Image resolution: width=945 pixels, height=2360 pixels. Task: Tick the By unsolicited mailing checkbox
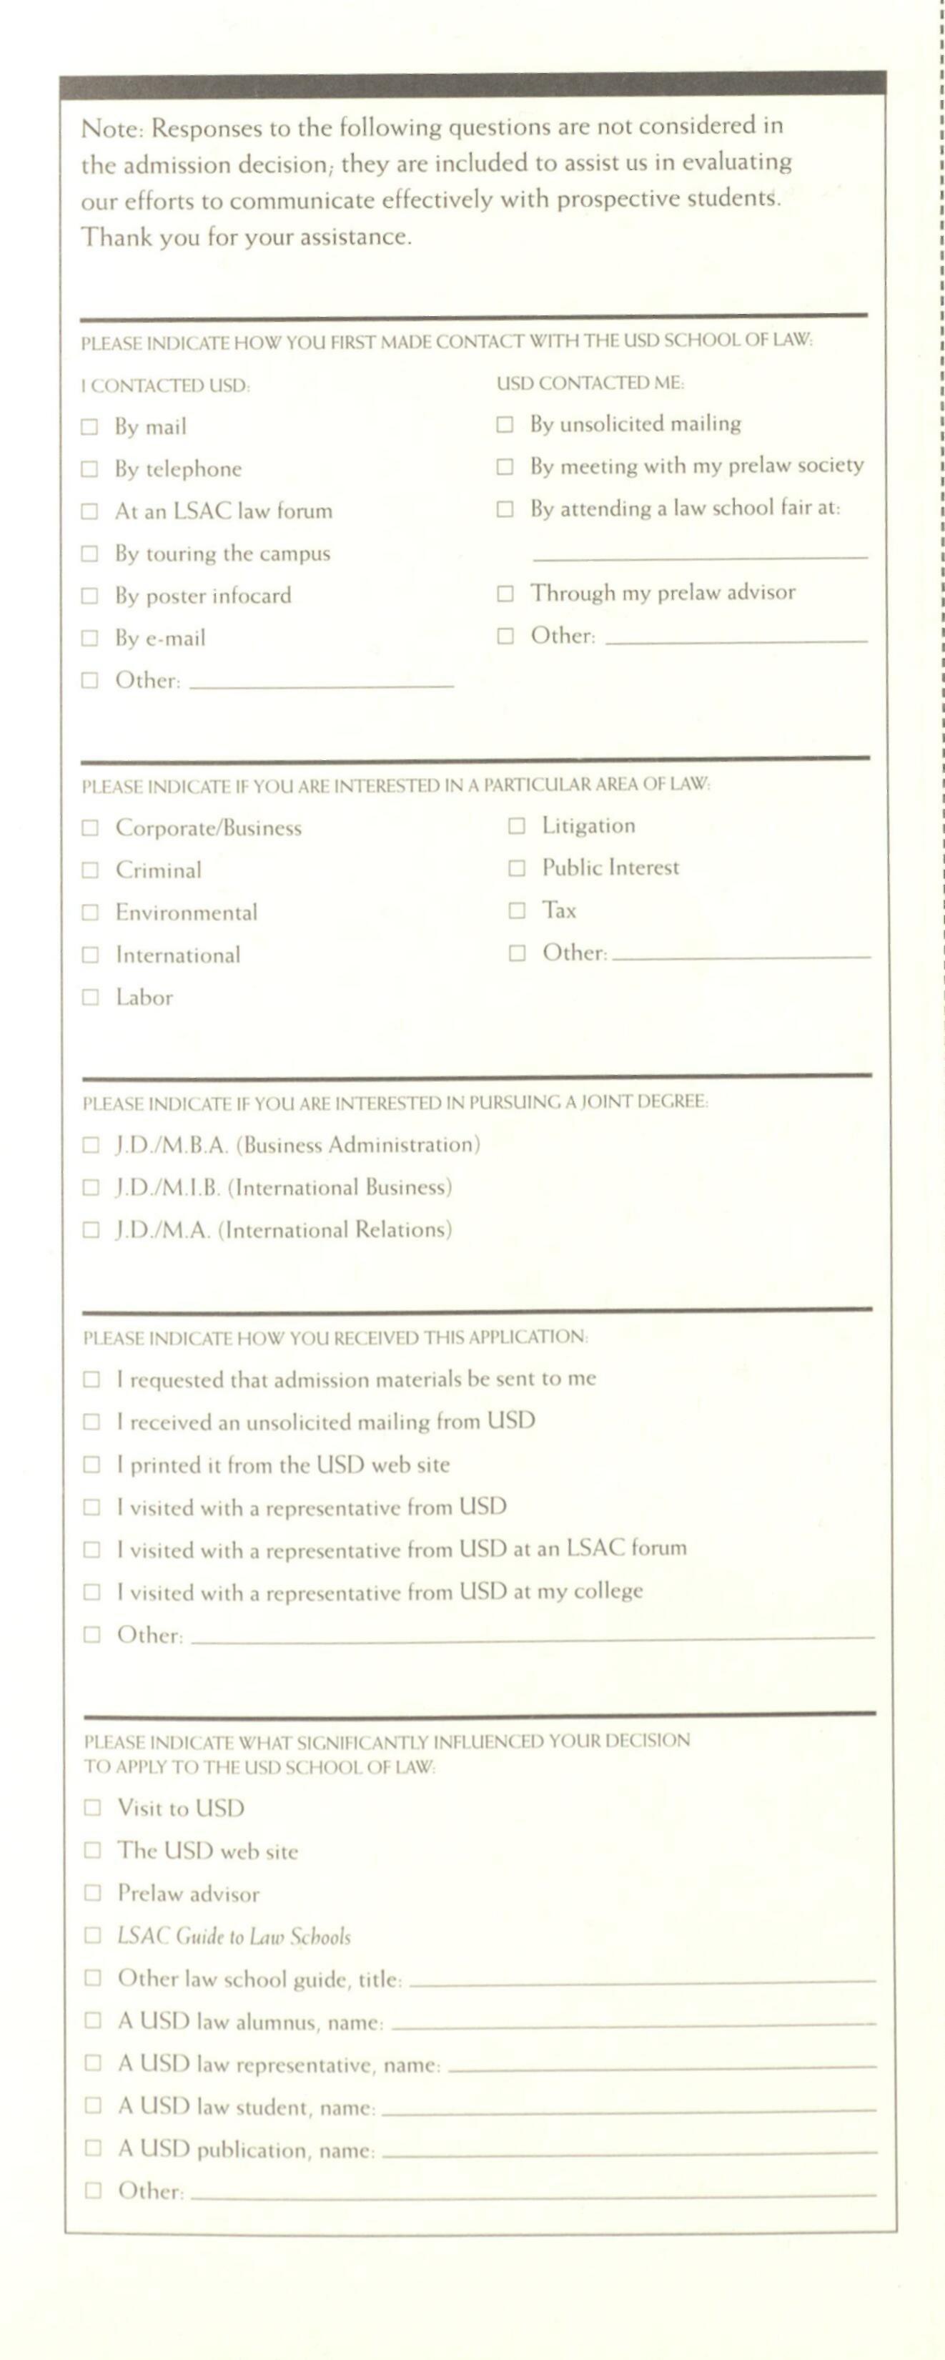[x=505, y=424]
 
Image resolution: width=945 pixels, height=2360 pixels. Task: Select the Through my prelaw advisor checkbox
[x=505, y=594]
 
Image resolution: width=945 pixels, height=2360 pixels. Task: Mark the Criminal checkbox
[x=90, y=870]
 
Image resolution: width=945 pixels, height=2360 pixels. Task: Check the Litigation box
[x=516, y=827]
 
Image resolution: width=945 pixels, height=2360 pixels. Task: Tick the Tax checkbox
[x=516, y=910]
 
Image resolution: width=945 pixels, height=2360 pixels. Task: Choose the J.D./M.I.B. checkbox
[x=90, y=1189]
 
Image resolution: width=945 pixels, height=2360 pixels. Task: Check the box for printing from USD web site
[x=91, y=1465]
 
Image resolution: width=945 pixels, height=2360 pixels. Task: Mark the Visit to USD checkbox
[x=91, y=1808]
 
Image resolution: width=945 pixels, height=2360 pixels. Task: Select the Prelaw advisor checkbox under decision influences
[x=91, y=1893]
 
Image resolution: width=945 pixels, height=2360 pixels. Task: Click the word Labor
[x=144, y=998]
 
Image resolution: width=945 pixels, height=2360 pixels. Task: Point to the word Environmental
[x=186, y=913]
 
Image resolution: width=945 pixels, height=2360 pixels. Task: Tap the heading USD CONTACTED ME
[x=590, y=383]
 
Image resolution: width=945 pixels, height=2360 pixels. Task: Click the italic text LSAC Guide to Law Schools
[x=234, y=1936]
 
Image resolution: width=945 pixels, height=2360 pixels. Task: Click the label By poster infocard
[x=202, y=596]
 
